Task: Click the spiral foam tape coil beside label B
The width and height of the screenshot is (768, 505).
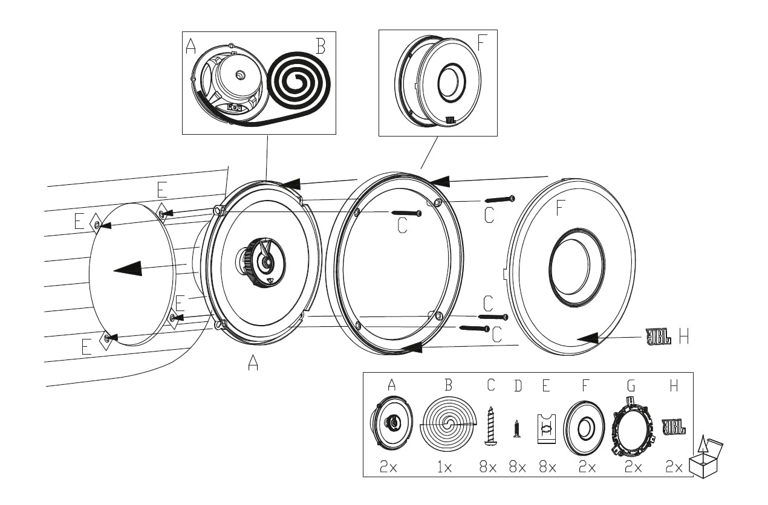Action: coord(298,82)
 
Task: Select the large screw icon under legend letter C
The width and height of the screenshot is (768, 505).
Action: coord(490,426)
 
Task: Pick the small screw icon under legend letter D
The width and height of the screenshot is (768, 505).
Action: coord(516,428)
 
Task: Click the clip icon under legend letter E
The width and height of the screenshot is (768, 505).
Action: coord(547,429)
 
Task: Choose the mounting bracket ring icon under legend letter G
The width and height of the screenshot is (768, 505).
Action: coord(633,427)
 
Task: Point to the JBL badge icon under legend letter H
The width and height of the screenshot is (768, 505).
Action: coord(674,427)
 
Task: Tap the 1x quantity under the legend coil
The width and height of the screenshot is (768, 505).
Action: coord(444,467)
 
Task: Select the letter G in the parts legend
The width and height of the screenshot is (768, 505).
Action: coord(631,385)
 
